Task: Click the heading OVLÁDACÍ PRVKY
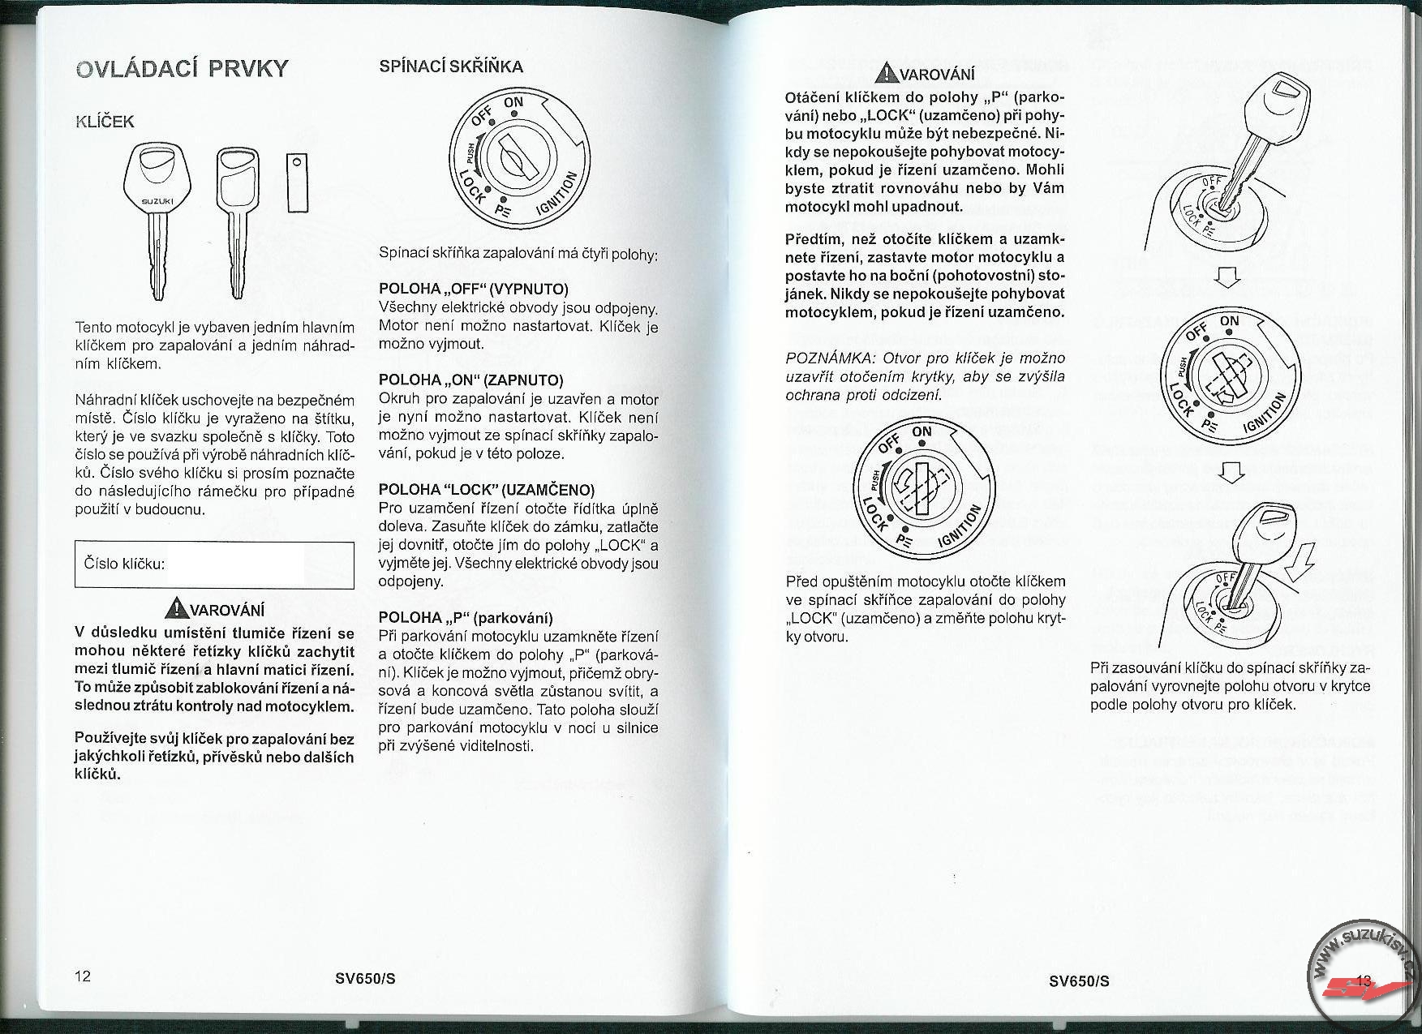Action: (181, 68)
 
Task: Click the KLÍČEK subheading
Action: (104, 122)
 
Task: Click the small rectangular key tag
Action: (297, 182)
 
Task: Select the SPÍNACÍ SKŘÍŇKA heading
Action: (451, 67)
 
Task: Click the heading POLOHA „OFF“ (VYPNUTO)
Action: (474, 290)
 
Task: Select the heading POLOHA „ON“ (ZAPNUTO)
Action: (470, 380)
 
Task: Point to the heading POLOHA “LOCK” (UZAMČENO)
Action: (487, 490)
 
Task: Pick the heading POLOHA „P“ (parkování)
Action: (466, 618)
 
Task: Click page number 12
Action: (83, 976)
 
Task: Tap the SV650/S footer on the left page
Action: (365, 978)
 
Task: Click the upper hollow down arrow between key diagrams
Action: (1227, 278)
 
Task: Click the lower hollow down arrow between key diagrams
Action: (1231, 471)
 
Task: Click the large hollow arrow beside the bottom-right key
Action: (1300, 561)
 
